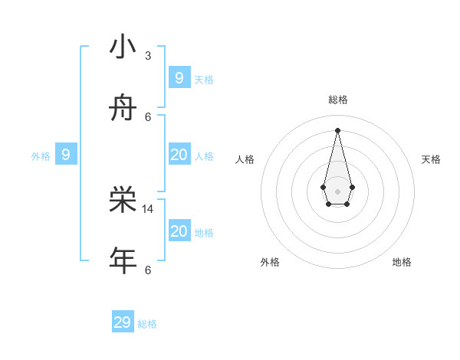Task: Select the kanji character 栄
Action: click(123, 200)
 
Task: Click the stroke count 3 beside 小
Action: click(148, 56)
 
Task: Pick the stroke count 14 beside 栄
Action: click(148, 208)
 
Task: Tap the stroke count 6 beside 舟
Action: click(148, 116)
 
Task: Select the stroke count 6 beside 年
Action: click(148, 270)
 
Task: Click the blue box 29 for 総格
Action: click(123, 322)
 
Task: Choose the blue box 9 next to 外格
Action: click(66, 155)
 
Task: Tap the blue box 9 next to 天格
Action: click(179, 78)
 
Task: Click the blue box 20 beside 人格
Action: click(179, 155)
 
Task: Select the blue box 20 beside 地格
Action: click(179, 231)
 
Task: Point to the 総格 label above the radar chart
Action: click(337, 100)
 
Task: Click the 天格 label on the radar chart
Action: click(431, 159)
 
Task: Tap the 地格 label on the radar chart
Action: click(402, 262)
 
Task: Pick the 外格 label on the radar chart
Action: click(270, 262)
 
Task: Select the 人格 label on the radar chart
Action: click(245, 159)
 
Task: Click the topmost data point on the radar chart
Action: click(337, 129)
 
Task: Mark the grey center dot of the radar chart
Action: click(337, 191)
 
